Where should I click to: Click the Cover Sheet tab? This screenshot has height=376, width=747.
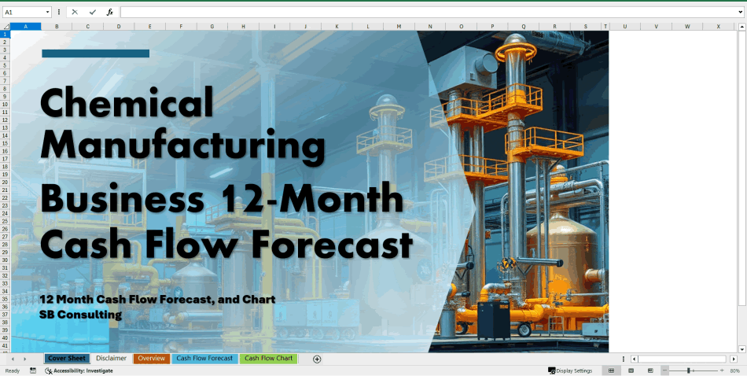click(67, 359)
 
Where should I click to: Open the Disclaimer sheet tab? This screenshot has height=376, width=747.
click(111, 359)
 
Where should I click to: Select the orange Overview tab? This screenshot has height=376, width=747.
click(152, 359)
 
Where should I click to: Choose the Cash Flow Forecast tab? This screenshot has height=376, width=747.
click(204, 359)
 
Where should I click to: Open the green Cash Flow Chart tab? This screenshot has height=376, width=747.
click(269, 359)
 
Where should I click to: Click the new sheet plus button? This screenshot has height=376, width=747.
click(317, 359)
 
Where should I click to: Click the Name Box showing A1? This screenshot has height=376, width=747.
click(24, 13)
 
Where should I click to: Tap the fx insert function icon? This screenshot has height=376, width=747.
click(110, 13)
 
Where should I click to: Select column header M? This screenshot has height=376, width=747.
click(399, 27)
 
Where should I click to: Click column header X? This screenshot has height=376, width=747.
click(718, 27)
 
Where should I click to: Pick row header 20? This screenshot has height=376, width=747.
click(5, 182)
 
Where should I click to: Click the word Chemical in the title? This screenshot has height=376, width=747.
click(127, 102)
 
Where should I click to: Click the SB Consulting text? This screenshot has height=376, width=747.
click(80, 315)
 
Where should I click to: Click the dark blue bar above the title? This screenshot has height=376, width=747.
click(95, 53)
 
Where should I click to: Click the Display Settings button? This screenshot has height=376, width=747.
click(570, 370)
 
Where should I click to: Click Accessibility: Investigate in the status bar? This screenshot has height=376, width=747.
click(83, 370)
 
